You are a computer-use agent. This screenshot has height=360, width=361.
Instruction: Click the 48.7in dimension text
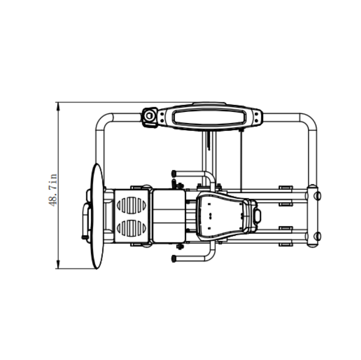coord(53,189)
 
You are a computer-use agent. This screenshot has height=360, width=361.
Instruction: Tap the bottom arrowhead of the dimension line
coord(58,265)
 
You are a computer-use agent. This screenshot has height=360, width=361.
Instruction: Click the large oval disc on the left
coord(97,217)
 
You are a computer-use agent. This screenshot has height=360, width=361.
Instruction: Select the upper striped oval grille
coord(132,205)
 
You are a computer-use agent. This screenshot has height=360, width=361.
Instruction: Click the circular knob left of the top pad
coord(149,116)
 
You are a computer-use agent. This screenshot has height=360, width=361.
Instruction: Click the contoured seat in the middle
coord(221,215)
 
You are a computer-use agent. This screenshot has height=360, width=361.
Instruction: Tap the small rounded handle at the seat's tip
coord(257,216)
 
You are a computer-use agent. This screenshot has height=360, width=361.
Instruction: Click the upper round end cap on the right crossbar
coord(318,195)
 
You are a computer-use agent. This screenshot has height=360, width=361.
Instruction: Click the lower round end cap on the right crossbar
coord(318,236)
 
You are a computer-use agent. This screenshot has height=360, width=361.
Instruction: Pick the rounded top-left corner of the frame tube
coord(104,121)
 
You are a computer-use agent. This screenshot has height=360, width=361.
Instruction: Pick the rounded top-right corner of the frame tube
coord(308,121)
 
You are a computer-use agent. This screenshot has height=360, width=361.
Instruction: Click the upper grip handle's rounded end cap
coord(174,173)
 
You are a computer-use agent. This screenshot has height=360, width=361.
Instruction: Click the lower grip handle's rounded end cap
coord(174,259)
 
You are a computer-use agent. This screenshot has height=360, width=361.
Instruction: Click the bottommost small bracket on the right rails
coord(285,244)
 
